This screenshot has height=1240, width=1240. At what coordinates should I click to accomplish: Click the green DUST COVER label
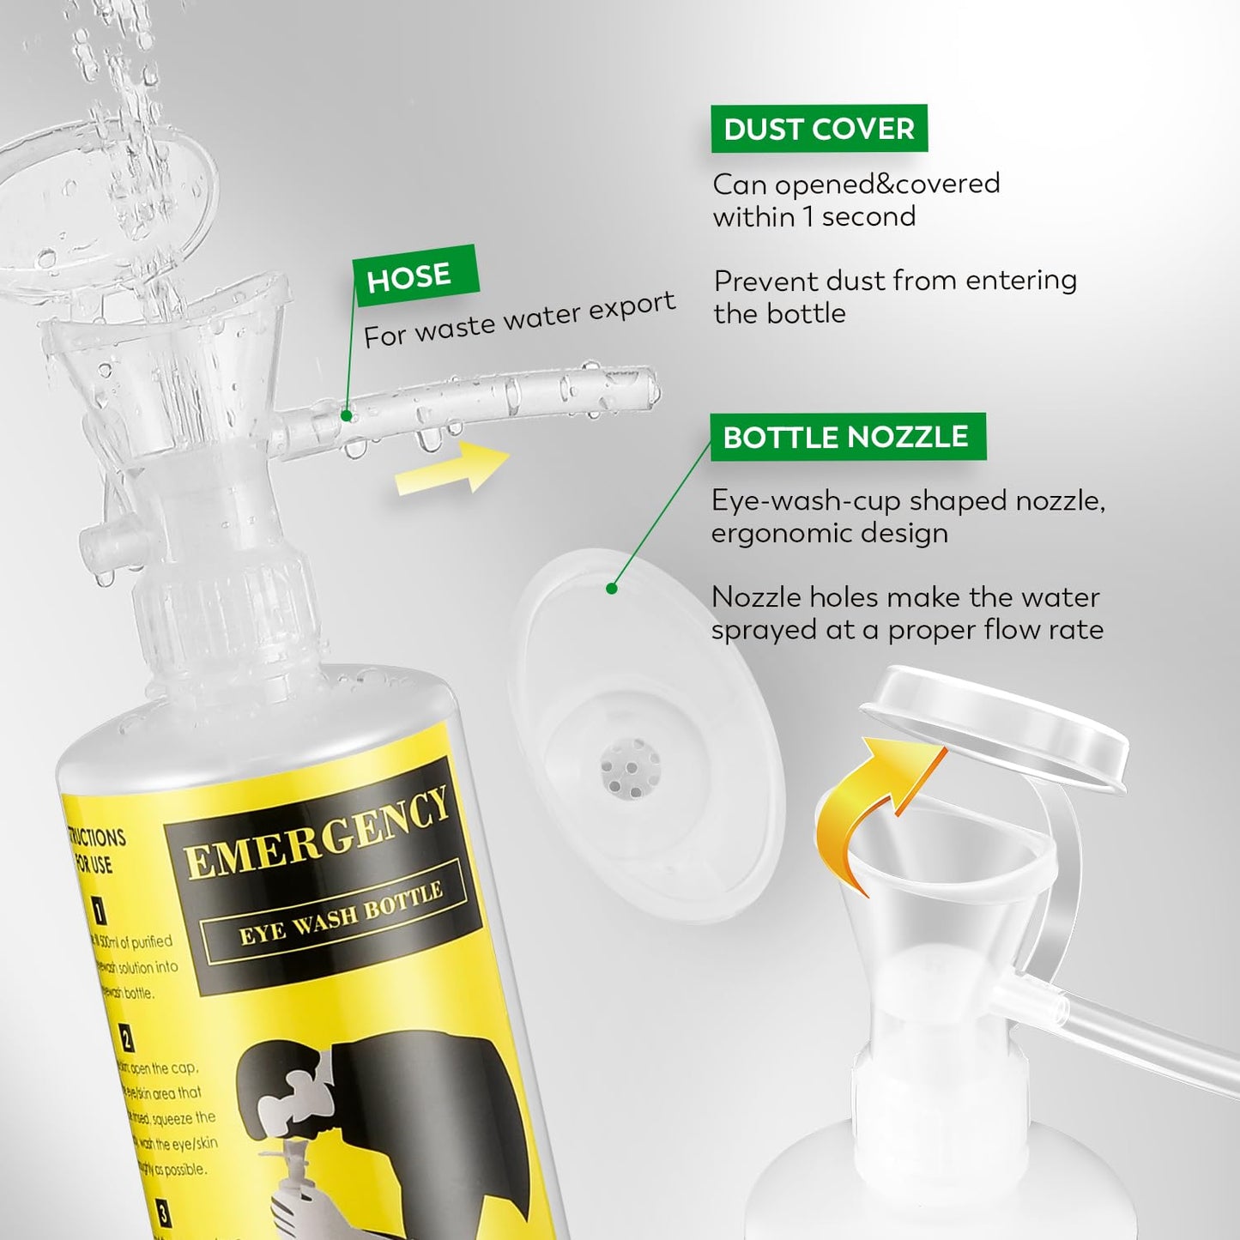(819, 129)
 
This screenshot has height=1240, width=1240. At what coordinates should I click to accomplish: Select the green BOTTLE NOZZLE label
(847, 437)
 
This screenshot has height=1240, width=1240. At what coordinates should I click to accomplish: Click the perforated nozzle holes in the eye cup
(631, 766)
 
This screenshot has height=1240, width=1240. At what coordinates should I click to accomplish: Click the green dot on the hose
(346, 415)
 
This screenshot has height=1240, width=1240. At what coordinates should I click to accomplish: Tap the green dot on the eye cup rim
(612, 589)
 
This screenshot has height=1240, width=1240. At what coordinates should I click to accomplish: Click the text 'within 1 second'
(814, 217)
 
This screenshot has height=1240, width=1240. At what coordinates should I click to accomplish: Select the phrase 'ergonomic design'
(829, 534)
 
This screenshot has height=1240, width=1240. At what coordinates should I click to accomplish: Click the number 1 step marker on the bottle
(100, 910)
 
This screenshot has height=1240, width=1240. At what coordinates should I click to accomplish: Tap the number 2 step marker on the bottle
(125, 1038)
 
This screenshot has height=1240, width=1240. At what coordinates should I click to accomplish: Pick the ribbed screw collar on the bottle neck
(225, 598)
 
